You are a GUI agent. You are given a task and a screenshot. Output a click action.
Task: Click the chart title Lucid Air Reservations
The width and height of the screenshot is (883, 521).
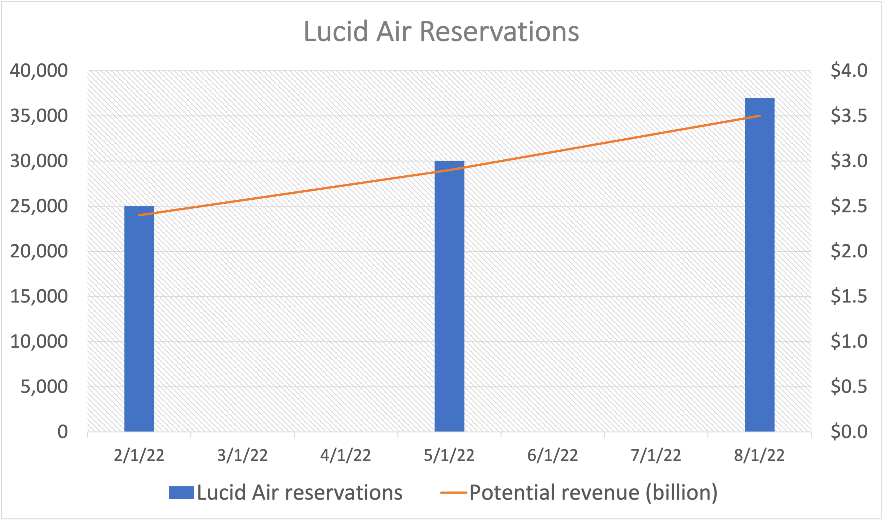tap(441, 32)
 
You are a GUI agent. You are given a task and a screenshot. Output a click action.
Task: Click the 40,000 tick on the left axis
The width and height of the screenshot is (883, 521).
tap(39, 71)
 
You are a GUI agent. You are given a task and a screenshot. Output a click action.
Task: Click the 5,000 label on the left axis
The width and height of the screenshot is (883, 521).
tap(44, 386)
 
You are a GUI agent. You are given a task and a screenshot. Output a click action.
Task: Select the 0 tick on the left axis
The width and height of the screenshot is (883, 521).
tap(63, 432)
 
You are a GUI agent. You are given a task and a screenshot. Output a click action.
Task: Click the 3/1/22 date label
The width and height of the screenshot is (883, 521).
tap(242, 456)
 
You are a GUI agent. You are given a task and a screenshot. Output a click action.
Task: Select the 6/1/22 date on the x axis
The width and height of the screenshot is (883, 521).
tap(553, 456)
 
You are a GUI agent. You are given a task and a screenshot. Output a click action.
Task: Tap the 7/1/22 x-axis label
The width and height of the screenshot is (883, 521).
tap(656, 456)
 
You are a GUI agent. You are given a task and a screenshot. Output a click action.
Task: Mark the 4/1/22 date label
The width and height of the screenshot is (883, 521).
tap(346, 456)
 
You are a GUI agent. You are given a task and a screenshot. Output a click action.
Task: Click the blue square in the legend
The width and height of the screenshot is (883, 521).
tap(181, 492)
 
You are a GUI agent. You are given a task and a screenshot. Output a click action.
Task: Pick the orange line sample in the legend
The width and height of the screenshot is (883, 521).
tap(453, 492)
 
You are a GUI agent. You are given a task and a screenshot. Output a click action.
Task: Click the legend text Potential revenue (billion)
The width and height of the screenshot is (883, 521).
tap(593, 492)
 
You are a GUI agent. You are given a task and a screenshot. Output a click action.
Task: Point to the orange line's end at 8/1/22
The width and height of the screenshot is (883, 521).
tap(759, 116)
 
